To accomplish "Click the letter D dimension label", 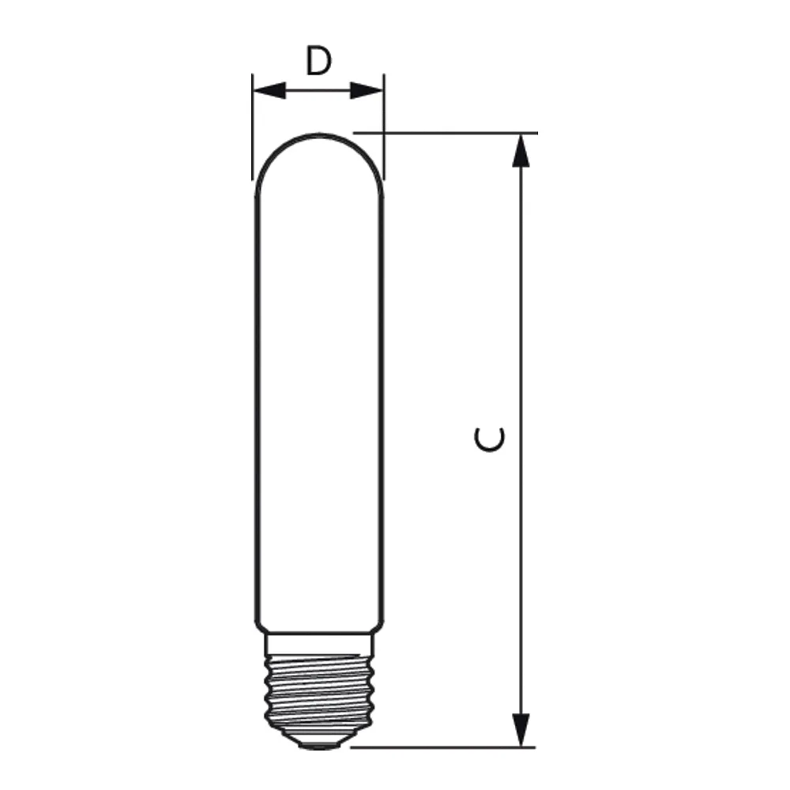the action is click(318, 61).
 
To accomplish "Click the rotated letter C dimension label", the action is click(489, 439).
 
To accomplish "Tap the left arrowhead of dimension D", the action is click(269, 91).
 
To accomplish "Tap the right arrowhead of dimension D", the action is click(367, 91).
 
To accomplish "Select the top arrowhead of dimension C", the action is click(521, 150).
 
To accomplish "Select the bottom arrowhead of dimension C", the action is click(521, 730).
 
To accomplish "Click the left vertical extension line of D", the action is click(253, 127).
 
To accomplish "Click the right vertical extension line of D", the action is click(384, 127).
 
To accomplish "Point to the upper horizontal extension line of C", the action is click(446, 133).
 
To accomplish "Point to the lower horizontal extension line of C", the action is click(443, 747).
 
